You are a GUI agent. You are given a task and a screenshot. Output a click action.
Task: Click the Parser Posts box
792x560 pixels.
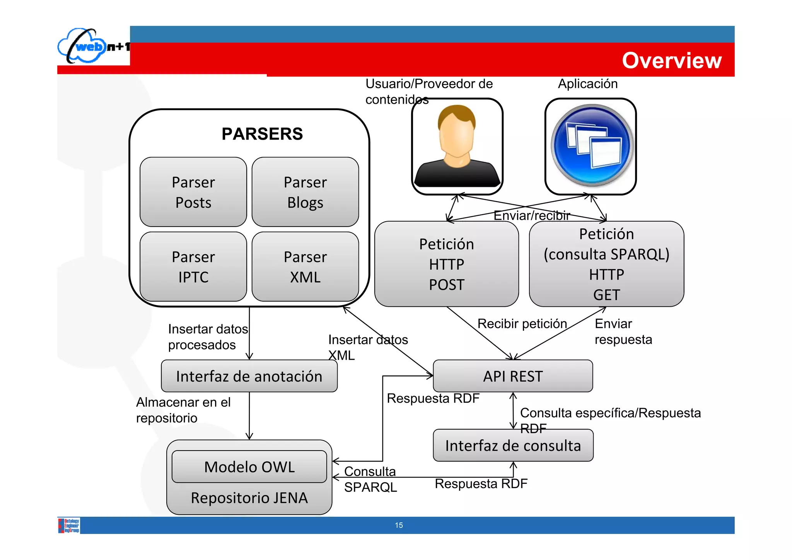coord(193,192)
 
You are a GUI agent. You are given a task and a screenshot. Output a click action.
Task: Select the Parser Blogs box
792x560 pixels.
coord(305,192)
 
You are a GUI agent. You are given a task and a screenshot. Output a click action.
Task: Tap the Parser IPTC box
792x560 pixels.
coord(193,266)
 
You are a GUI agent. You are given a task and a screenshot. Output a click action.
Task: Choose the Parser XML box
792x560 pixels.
coord(305,266)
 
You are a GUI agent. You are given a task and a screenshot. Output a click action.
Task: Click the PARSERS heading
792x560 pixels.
coord(262,134)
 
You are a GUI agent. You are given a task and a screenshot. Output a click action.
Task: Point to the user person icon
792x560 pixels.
coord(457,147)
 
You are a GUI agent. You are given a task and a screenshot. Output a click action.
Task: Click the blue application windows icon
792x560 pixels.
coord(591,147)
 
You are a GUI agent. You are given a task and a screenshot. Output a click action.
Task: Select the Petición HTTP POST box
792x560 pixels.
coord(446,264)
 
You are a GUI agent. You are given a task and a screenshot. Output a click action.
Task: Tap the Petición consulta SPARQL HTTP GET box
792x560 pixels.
coord(606,264)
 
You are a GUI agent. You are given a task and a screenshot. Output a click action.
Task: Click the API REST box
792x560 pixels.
coord(513,376)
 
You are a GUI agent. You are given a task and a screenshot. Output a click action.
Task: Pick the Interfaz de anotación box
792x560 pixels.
coord(249,376)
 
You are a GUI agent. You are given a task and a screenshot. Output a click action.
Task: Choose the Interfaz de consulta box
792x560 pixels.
coord(513,446)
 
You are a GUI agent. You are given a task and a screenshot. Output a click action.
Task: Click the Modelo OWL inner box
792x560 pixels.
coord(249,467)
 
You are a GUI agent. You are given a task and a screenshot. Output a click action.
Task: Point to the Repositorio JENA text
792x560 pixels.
coord(249,498)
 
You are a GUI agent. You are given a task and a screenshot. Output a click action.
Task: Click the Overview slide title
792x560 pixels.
coord(671,60)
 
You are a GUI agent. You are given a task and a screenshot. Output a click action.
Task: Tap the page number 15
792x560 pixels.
coord(399,525)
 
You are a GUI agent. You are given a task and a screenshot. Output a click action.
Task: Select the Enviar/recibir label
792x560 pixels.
coord(532,215)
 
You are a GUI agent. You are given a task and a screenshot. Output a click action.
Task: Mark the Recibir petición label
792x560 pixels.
coord(522,323)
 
